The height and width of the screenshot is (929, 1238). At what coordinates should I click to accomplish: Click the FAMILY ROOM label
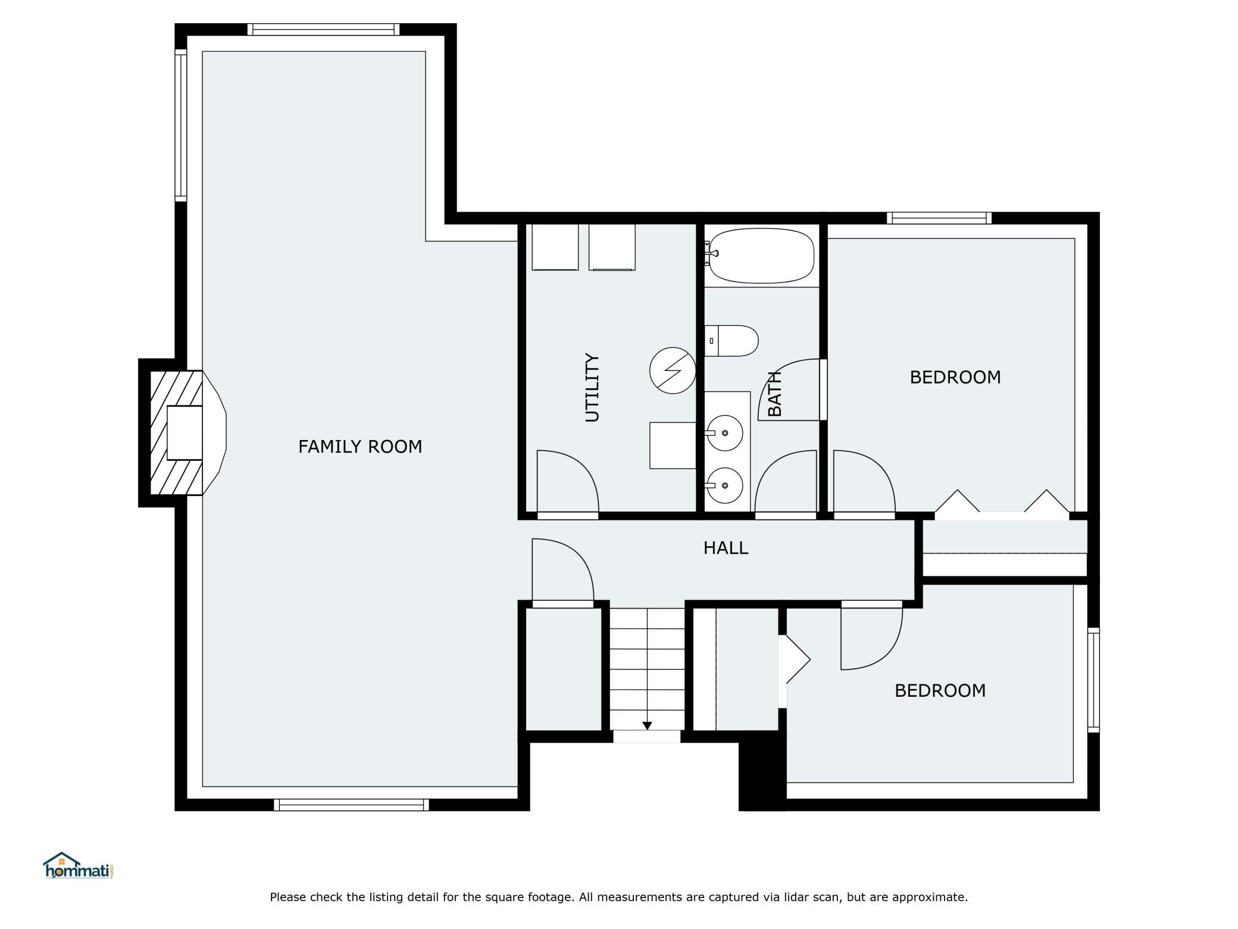360,447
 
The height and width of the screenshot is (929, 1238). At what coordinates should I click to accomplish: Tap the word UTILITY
592,388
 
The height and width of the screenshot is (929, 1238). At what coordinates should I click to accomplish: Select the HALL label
726,548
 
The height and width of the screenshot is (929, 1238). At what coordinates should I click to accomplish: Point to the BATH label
774,393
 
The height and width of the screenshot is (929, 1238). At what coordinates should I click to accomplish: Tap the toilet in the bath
731,341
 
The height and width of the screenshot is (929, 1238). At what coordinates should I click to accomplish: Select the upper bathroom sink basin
724,433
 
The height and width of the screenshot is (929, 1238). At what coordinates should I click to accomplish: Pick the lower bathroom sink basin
724,485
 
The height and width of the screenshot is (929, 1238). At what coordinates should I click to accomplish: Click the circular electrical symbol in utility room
673,370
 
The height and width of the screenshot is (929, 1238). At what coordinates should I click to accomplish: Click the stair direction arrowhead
647,726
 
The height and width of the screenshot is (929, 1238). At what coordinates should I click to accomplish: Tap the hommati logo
78,866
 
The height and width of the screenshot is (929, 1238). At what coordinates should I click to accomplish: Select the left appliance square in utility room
555,247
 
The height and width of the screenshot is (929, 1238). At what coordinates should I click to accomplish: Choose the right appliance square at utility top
612,247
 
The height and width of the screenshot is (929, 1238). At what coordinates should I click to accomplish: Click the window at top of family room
323,29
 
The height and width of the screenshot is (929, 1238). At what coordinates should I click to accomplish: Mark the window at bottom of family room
351,805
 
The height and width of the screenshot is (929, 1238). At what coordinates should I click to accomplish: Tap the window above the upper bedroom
939,218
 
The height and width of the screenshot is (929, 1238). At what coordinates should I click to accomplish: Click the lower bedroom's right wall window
1093,679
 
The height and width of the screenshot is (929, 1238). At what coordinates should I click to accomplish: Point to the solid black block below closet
762,771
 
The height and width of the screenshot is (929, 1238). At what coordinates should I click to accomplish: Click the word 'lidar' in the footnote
775,897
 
